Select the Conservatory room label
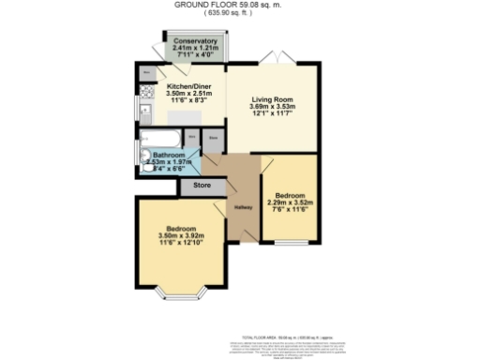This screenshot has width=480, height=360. pos(195,42)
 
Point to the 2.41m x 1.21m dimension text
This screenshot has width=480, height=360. pos(195,49)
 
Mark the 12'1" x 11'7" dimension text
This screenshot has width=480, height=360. pos(273,114)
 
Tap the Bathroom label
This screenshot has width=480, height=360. pos(169,154)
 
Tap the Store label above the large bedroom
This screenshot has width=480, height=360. pos(202,186)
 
